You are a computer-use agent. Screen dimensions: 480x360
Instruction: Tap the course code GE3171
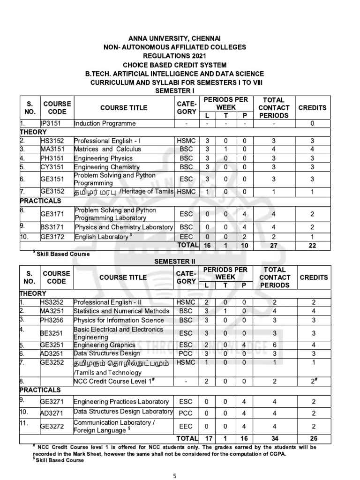coord(52,214)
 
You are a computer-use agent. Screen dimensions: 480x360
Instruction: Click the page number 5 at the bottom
coord(174,475)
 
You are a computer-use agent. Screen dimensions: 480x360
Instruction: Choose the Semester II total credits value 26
coord(313,438)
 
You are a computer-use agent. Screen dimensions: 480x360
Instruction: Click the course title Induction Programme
coord(105,123)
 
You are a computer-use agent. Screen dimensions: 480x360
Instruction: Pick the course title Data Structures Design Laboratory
coord(123,412)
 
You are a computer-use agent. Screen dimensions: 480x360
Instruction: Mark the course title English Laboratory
coord(102,237)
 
